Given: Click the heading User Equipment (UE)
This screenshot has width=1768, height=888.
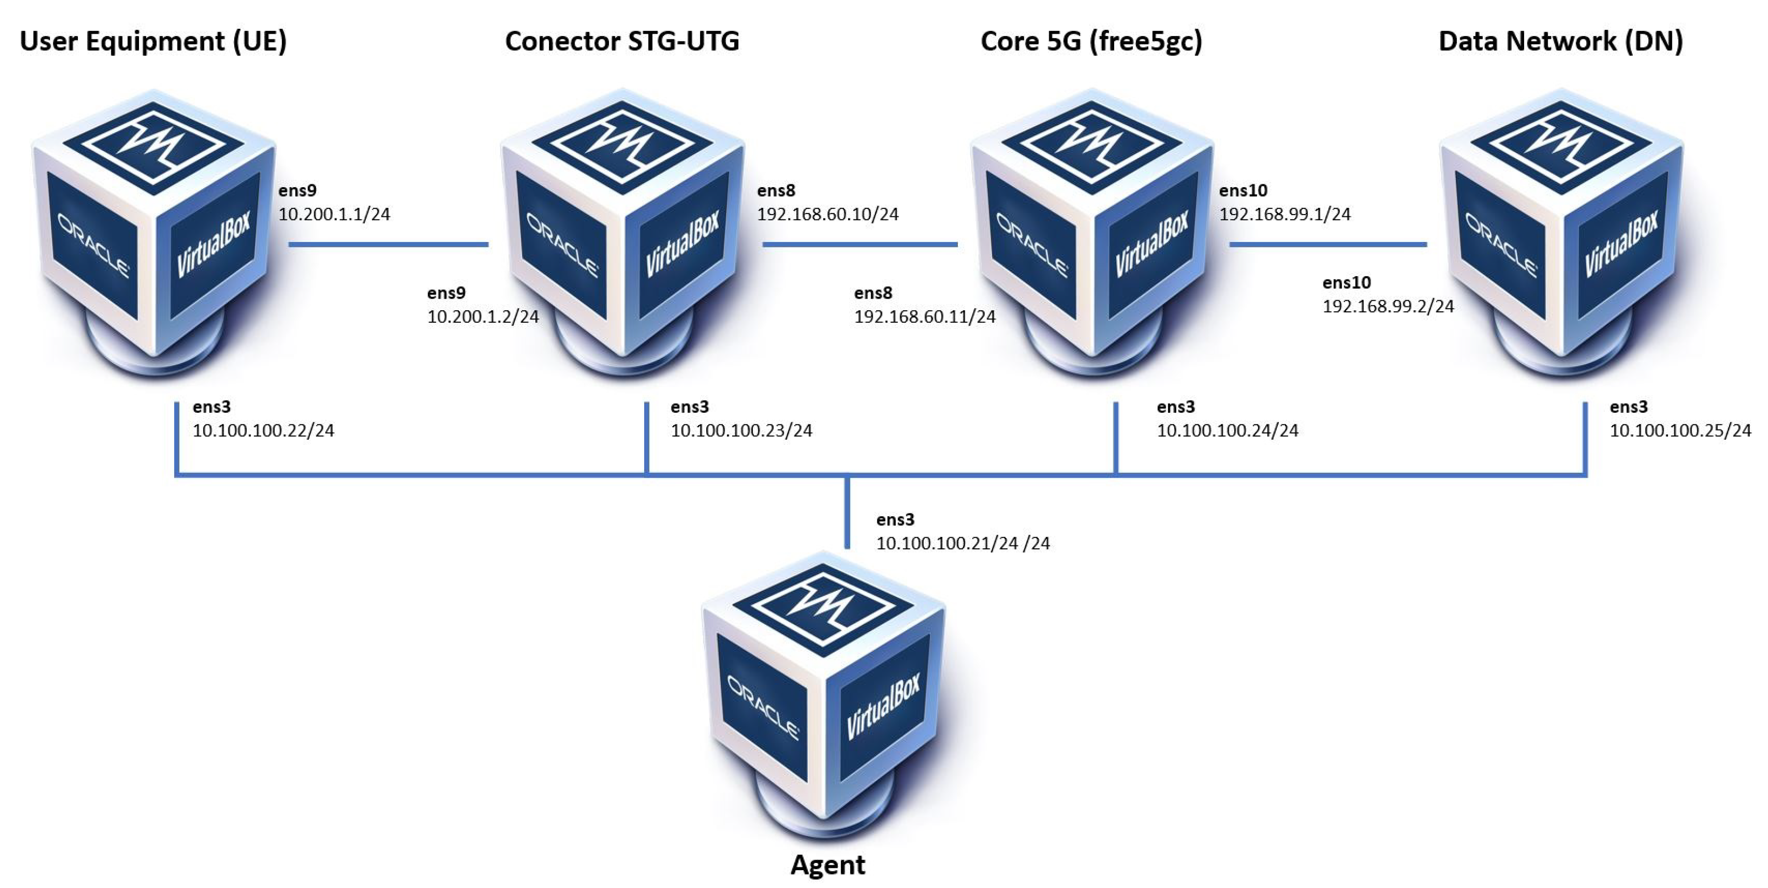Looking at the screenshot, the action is [153, 41].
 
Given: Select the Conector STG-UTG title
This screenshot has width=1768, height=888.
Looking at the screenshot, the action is [622, 41].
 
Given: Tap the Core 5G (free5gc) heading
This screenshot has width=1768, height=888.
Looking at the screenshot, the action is [1091, 41].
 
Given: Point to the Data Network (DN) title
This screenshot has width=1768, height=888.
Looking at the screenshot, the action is [1561, 41].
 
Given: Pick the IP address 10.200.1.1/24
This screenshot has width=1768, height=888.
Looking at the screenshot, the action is [334, 214].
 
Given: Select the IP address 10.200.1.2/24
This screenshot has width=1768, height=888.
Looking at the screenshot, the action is [483, 317].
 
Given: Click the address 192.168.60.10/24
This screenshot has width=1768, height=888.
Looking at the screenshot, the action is [828, 214].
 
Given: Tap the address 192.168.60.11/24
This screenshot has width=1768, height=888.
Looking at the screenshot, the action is [925, 317].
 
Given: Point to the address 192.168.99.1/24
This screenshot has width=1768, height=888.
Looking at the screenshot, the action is [1285, 214].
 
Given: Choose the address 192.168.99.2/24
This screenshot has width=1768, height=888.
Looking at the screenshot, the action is [1388, 306].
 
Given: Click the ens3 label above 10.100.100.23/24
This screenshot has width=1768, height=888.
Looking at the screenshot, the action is [690, 407].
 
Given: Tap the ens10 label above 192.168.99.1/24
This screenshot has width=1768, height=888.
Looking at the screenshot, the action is [1243, 190].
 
